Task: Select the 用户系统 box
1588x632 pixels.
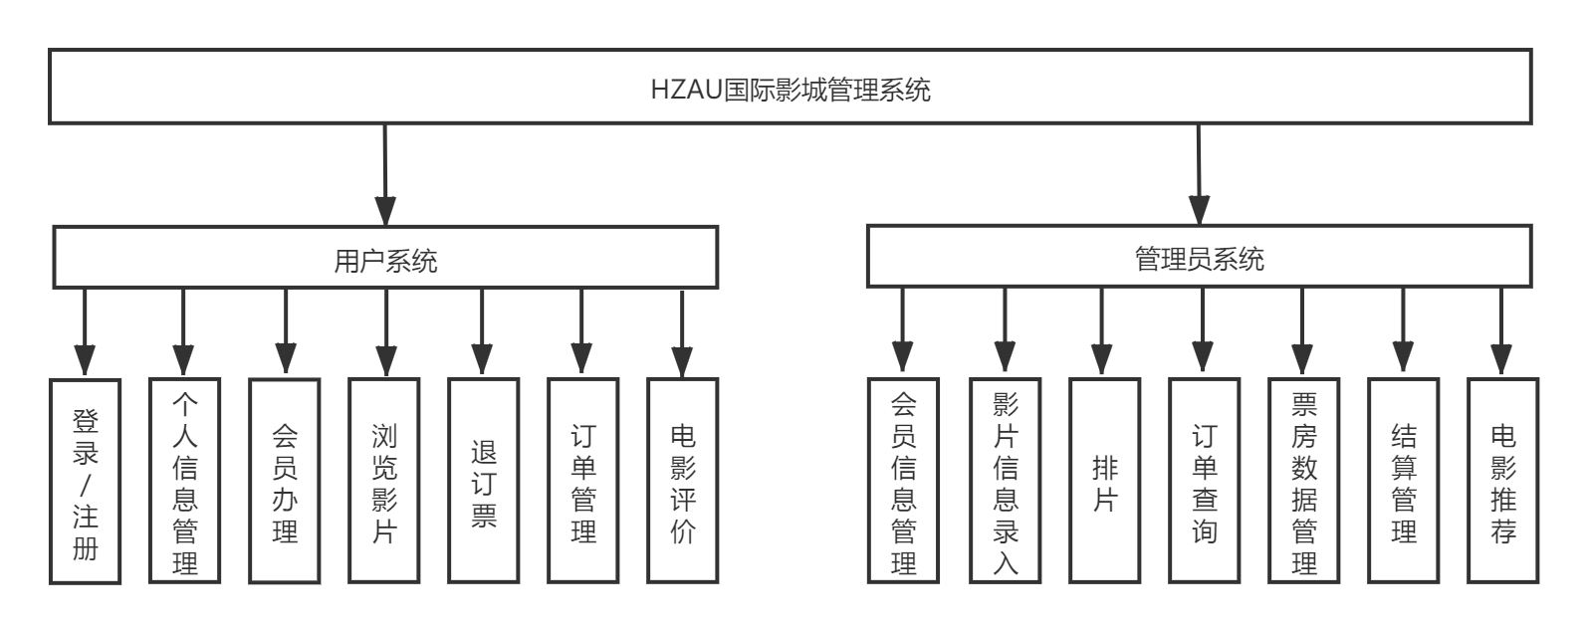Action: click(x=385, y=259)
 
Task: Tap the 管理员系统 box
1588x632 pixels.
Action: click(x=1199, y=258)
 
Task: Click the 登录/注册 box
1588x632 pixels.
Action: click(x=86, y=481)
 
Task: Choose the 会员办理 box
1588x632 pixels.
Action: click(x=286, y=481)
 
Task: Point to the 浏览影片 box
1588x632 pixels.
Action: click(x=385, y=481)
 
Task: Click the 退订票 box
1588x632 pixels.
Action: click(x=484, y=481)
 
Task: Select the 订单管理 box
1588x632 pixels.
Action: click(x=583, y=481)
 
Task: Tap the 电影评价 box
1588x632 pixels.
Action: click(x=683, y=481)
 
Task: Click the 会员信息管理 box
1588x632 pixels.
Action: click(x=903, y=480)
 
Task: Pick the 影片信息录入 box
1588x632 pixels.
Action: click(x=1006, y=480)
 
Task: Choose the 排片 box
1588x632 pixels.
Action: click(x=1104, y=481)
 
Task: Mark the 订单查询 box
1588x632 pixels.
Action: click(x=1205, y=481)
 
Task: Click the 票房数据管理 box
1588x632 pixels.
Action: click(x=1304, y=480)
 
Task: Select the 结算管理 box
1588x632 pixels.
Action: click(x=1404, y=481)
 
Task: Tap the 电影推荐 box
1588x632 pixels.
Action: click(x=1503, y=481)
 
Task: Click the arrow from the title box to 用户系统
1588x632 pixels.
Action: click(x=384, y=174)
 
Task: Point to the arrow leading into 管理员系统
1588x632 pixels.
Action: click(x=1199, y=174)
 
